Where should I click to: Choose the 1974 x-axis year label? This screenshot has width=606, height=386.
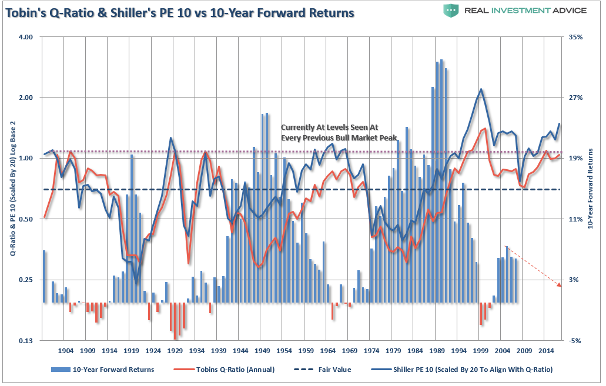[371, 351]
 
